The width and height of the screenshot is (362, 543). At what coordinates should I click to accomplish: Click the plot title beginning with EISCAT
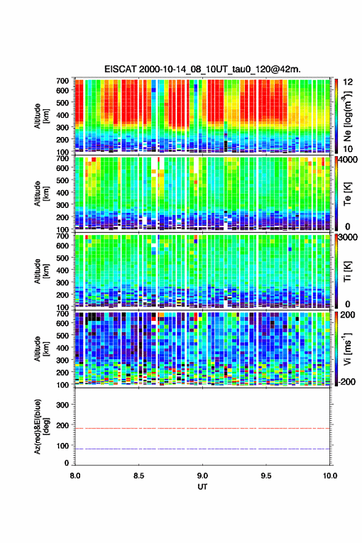202,69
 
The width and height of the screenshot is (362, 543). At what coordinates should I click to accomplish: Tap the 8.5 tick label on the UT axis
139,476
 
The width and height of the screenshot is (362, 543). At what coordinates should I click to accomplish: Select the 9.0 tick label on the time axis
202,476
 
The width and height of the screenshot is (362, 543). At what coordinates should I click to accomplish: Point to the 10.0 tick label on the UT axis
330,476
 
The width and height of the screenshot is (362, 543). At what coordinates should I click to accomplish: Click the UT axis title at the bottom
202,487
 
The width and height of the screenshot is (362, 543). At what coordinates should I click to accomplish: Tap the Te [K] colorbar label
347,194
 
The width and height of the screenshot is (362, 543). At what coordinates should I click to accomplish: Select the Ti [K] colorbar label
347,271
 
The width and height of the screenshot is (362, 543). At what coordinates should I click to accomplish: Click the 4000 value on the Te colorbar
348,160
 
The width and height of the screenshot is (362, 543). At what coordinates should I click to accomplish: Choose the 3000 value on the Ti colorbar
348,237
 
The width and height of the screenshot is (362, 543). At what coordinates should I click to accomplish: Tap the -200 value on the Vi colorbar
347,381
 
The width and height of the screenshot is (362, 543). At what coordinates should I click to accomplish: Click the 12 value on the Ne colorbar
348,82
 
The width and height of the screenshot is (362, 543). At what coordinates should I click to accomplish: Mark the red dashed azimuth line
202,428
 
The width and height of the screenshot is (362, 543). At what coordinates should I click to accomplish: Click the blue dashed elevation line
202,449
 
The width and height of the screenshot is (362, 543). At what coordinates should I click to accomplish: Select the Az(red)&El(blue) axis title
41,426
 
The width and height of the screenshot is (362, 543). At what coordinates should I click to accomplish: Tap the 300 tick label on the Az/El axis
63,405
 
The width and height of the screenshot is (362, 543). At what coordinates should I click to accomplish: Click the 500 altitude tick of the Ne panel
63,102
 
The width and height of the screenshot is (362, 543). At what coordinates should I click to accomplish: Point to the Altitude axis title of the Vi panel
41,349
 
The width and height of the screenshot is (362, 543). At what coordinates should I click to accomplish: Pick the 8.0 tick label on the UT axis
75,476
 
